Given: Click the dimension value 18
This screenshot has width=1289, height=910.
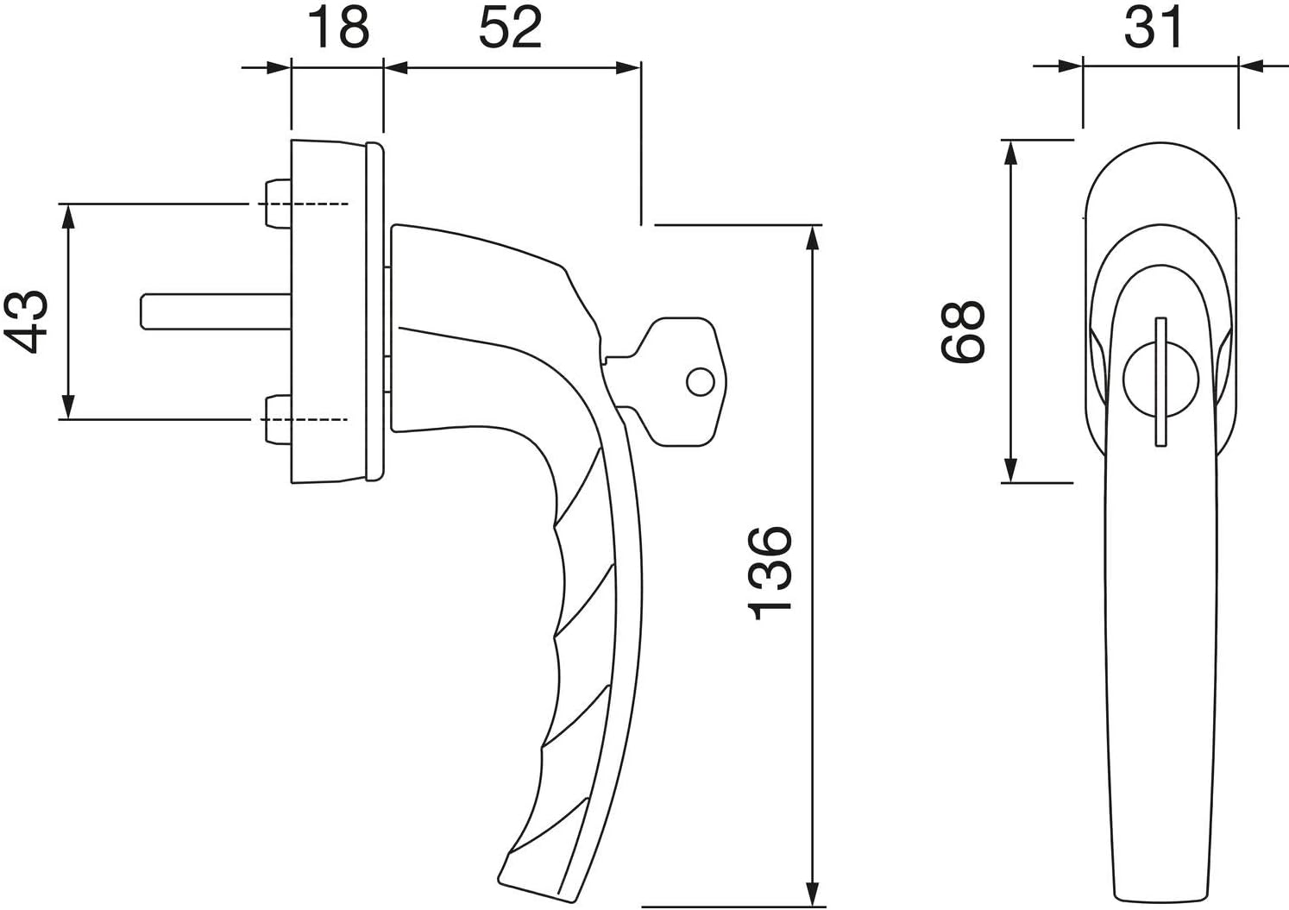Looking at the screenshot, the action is click(339, 28).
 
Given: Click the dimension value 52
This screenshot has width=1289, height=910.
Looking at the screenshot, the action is click(511, 28).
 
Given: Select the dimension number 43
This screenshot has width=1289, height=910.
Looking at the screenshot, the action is click(25, 322).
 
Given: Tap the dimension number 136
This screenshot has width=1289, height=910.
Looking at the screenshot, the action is click(770, 573).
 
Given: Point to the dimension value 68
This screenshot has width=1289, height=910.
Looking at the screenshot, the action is click(963, 331).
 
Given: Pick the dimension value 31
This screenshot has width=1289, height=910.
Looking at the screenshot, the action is click(1154, 28).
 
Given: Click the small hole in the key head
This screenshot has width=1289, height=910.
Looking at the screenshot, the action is click(701, 381).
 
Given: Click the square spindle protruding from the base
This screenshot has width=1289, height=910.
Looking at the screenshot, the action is click(216, 311).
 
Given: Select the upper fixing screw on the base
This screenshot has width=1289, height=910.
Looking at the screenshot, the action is click(277, 204).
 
